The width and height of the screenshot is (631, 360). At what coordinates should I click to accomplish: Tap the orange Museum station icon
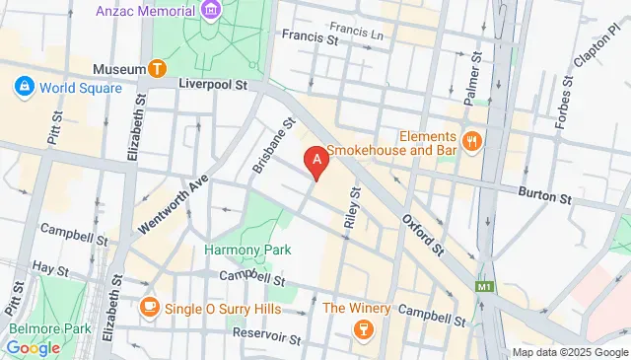tap(156, 68)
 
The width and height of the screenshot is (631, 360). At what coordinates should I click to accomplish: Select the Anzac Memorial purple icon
tap(210, 11)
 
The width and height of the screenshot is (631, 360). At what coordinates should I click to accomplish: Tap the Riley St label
tap(351, 207)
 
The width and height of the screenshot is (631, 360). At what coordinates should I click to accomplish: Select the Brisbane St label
tap(273, 147)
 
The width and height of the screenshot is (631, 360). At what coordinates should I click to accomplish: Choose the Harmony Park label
tap(247, 251)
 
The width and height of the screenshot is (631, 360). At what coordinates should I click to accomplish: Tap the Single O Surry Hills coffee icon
tap(149, 308)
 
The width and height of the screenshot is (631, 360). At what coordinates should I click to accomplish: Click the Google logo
tap(33, 347)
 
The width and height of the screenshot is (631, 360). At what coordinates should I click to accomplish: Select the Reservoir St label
tap(267, 334)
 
